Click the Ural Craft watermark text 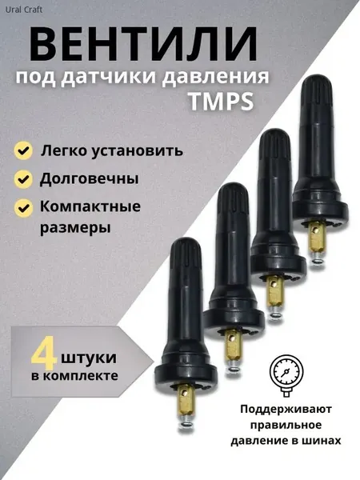pyautogui.click(x=24, y=10)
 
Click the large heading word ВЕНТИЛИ pyautogui.click(x=143, y=45)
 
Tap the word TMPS pyautogui.click(x=221, y=102)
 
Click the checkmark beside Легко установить pyautogui.click(x=23, y=150)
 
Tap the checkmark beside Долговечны pyautogui.click(x=23, y=179)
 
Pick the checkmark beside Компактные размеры pyautogui.click(x=23, y=208)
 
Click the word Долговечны pyautogui.click(x=89, y=179)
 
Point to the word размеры pyautogui.click(x=75, y=228)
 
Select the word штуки pyautogui.click(x=89, y=358)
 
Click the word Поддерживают pyautogui.click(x=286, y=410)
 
